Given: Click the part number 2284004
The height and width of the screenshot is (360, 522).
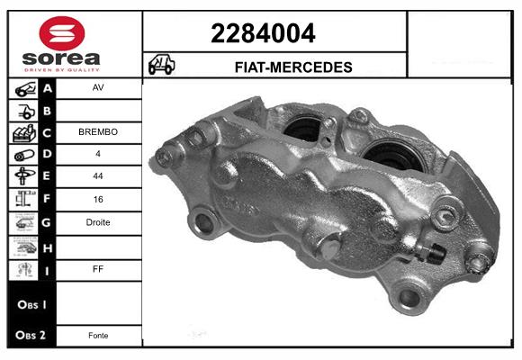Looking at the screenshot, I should click(263, 34).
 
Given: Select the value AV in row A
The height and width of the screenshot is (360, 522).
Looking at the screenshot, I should click(98, 89).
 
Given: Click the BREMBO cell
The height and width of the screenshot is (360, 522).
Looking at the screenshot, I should click(98, 132).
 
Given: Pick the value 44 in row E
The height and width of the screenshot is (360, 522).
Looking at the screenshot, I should click(98, 177).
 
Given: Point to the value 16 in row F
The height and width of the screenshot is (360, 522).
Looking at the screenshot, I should click(98, 200).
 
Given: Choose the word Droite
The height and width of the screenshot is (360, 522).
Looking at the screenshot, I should click(98, 222).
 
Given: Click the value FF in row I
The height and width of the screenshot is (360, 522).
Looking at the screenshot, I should click(98, 267).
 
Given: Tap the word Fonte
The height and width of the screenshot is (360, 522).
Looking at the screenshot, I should click(98, 336).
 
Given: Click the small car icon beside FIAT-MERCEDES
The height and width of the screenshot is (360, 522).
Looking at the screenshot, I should click(162, 66).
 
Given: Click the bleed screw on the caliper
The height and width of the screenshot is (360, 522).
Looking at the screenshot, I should click(436, 253).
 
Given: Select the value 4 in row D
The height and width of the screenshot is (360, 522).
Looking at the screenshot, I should click(98, 155).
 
